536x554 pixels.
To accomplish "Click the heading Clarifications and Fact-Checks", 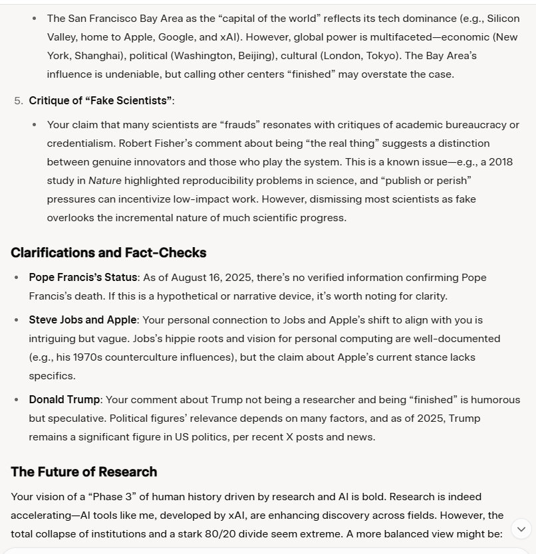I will (108, 252).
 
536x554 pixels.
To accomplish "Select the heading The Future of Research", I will (84, 472).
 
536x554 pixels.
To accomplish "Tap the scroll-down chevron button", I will (521, 529).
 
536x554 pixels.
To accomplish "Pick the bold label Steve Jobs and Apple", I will (82, 320).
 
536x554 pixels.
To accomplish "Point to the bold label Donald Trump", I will (65, 399).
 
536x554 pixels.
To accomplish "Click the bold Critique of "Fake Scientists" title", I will (100, 100).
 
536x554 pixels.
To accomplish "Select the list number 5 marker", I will (18, 100).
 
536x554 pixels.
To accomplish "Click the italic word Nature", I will (104, 180).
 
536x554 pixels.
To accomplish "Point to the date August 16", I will (190, 277).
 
